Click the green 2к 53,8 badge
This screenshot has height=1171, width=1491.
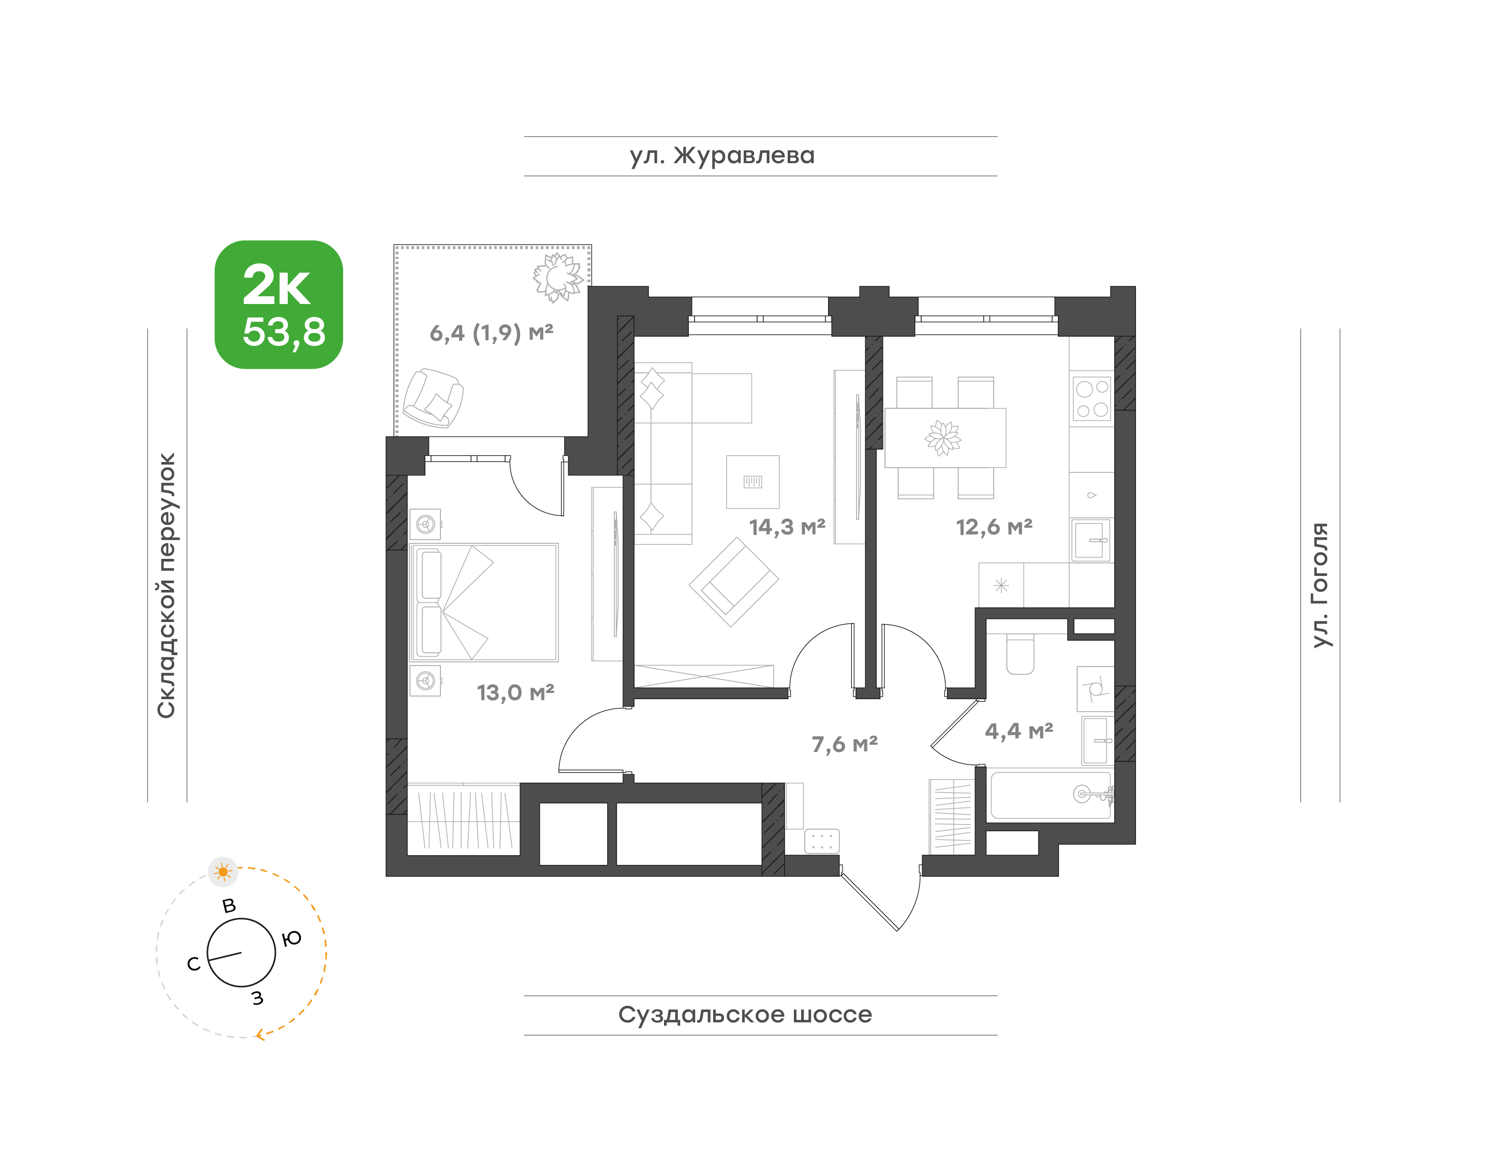tap(279, 305)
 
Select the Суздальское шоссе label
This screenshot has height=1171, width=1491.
tap(745, 1015)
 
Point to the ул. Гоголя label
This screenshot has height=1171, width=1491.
tap(1319, 585)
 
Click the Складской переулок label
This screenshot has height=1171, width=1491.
tap(167, 585)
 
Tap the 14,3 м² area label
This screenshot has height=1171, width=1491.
tap(787, 527)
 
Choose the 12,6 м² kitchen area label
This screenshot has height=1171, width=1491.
tap(994, 527)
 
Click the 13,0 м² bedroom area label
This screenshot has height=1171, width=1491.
tap(515, 692)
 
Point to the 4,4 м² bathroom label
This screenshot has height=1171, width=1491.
tap(1019, 731)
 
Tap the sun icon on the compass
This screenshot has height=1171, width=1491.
tap(223, 872)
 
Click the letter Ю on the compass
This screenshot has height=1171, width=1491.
tap(292, 938)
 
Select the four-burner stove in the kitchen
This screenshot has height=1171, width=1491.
tap(1092, 399)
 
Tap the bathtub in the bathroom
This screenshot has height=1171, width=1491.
tap(1051, 796)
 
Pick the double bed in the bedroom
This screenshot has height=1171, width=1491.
tap(484, 603)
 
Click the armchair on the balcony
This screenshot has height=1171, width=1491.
tap(433, 398)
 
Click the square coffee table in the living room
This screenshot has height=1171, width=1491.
tap(752, 482)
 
